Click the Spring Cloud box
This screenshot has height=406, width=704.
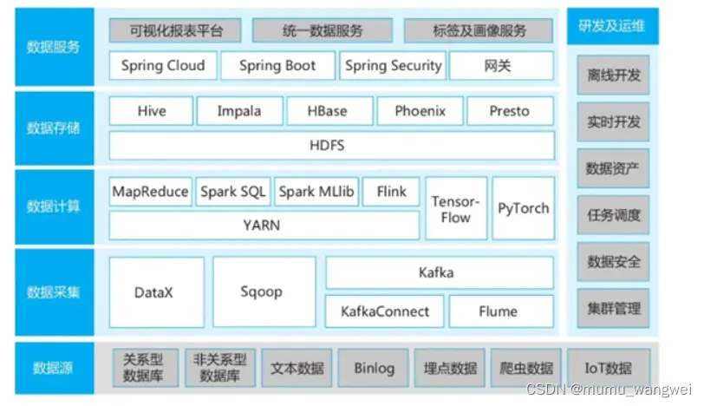tap(163, 65)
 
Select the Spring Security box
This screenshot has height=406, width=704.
tap(393, 65)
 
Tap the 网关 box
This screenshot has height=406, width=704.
tap(501, 65)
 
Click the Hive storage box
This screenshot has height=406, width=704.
tap(151, 111)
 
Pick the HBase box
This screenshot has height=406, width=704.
tap(328, 111)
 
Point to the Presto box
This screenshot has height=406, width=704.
tap(510, 111)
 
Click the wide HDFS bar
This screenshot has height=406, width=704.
tap(331, 145)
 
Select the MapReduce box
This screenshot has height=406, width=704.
tap(150, 192)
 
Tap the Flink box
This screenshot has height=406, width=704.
tap(391, 192)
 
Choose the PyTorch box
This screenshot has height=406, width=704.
tap(523, 208)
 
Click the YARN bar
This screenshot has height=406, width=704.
tap(262, 225)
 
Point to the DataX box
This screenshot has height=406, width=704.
tap(156, 292)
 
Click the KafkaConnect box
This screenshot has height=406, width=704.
tap(384, 311)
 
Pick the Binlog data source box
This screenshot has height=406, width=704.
tap(374, 368)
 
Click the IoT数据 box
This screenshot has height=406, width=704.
tap(608, 368)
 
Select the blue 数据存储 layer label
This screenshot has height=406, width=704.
tap(54, 128)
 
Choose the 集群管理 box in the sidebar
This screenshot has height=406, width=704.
tap(613, 308)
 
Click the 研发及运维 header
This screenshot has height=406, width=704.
tap(612, 27)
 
